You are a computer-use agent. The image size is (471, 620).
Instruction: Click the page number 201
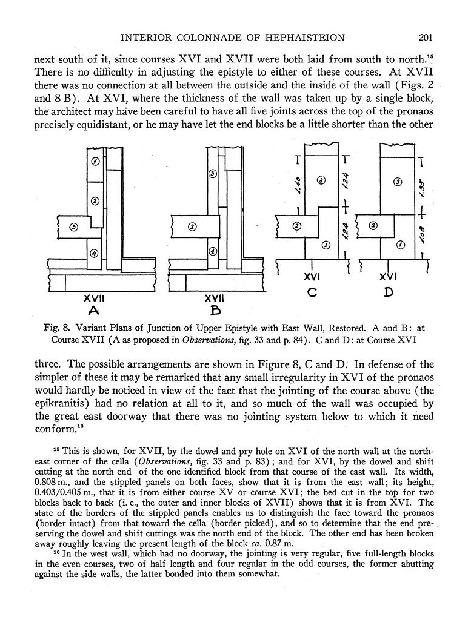tap(424, 38)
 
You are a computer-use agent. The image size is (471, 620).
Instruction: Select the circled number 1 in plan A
tap(95, 162)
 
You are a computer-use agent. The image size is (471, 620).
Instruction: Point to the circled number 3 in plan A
tap(73, 227)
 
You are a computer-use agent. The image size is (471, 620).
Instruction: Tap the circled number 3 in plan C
tap(321, 180)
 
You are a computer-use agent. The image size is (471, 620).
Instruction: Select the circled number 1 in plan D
tap(399, 245)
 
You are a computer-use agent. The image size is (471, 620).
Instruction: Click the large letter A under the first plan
tap(94, 312)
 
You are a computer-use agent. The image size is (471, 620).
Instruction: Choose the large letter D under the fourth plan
tap(388, 293)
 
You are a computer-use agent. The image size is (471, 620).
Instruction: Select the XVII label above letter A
tap(95, 298)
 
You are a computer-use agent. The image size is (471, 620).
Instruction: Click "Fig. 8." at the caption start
tap(58, 328)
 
